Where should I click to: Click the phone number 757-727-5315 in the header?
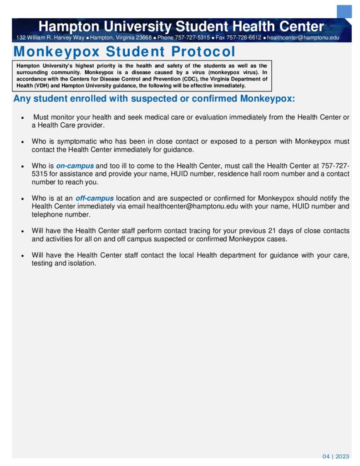(192, 38)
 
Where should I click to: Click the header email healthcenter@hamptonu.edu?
(303, 38)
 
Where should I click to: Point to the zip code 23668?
(143, 38)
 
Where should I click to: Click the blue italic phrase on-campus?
(75, 166)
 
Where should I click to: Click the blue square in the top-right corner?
(344, 11)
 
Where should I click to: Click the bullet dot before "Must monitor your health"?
(22, 118)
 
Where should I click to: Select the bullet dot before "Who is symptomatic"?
(22, 142)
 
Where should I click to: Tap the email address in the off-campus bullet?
(193, 207)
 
